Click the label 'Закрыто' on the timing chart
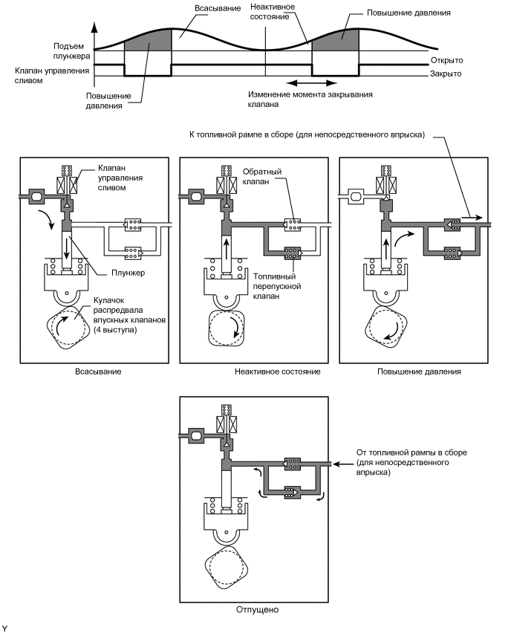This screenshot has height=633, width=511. [446, 74]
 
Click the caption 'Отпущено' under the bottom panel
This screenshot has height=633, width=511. [255, 608]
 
